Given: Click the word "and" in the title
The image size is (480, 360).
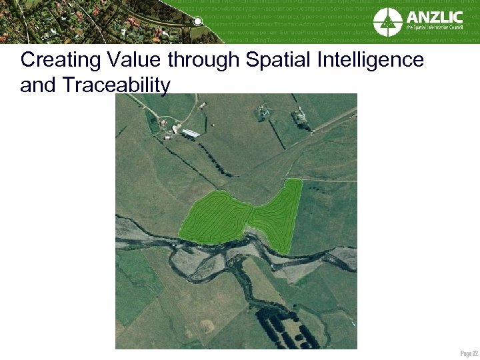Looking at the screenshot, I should click(37, 85).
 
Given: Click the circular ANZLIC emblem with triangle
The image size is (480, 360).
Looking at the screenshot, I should click(388, 21).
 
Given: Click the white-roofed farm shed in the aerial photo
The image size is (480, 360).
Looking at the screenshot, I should click(191, 134).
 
